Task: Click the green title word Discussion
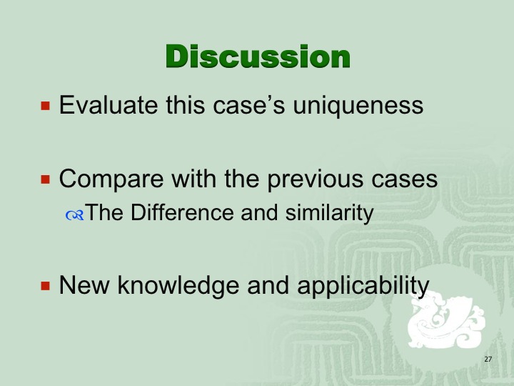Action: (x=258, y=56)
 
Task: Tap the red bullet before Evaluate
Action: (x=46, y=106)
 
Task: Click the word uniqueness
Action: (x=358, y=107)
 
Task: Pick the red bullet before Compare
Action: (x=46, y=179)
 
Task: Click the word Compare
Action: (x=111, y=180)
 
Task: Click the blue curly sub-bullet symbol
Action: (x=75, y=215)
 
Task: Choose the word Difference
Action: (x=182, y=212)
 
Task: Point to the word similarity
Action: (x=329, y=213)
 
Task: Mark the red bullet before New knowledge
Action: (x=46, y=285)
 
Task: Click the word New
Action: (x=84, y=285)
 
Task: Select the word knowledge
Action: (x=178, y=286)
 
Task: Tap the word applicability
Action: (x=363, y=286)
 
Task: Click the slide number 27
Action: (x=488, y=359)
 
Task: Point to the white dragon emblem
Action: (x=445, y=320)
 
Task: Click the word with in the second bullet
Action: (x=193, y=179)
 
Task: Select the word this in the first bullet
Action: (x=185, y=105)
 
